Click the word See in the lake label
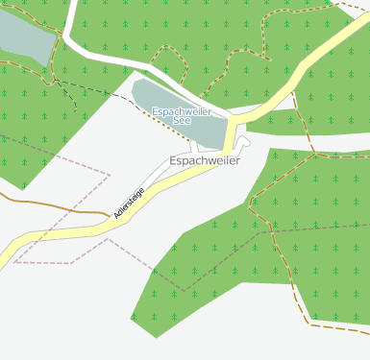pos(182,122)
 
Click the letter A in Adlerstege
pos(116,215)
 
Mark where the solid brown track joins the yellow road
pos(108,216)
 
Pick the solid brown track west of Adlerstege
pos(48,204)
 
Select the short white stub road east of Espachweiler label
pos(244,143)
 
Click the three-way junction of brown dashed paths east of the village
pos(314,152)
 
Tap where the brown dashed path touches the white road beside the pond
pos(62,38)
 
